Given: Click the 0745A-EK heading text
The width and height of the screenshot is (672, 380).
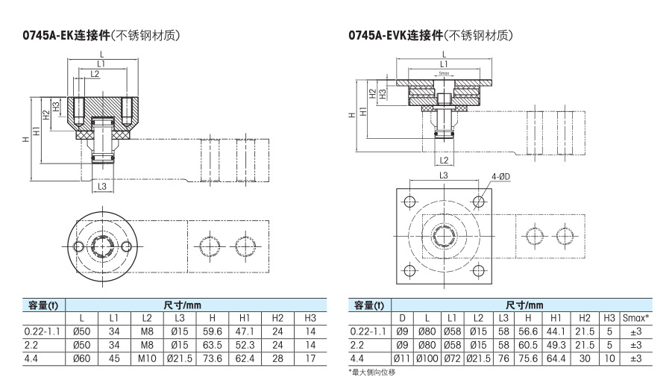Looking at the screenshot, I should tap(104, 35).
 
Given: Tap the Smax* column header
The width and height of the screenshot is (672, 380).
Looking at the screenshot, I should tap(635, 318).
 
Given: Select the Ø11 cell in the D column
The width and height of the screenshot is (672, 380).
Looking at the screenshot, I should tap(402, 358).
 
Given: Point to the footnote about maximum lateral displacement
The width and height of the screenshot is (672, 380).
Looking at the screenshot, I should tap(370, 371).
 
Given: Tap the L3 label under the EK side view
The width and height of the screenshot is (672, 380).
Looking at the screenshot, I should tap(103, 186).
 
